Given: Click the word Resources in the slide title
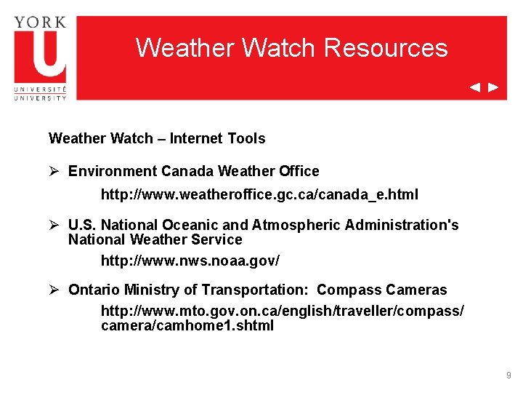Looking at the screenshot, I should tap(386, 48).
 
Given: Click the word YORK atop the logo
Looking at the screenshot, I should tap(40, 21).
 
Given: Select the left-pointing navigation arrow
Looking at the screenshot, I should tap(474, 87).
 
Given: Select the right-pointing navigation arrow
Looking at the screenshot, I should tap(493, 87).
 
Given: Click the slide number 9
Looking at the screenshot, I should tap(508, 376).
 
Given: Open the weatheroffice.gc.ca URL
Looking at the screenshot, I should tap(259, 195).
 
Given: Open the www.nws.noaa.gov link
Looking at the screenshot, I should tap(190, 260).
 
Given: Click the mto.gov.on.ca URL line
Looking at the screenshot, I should tap(282, 311).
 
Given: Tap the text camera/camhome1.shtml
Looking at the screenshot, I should tap(187, 326).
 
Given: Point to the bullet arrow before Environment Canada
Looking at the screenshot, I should tap(54, 171).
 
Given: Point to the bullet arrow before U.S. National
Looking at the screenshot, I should tap(54, 225).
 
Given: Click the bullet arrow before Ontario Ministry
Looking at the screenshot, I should tap(54, 290).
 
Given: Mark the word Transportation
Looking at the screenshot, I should tap(255, 290).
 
